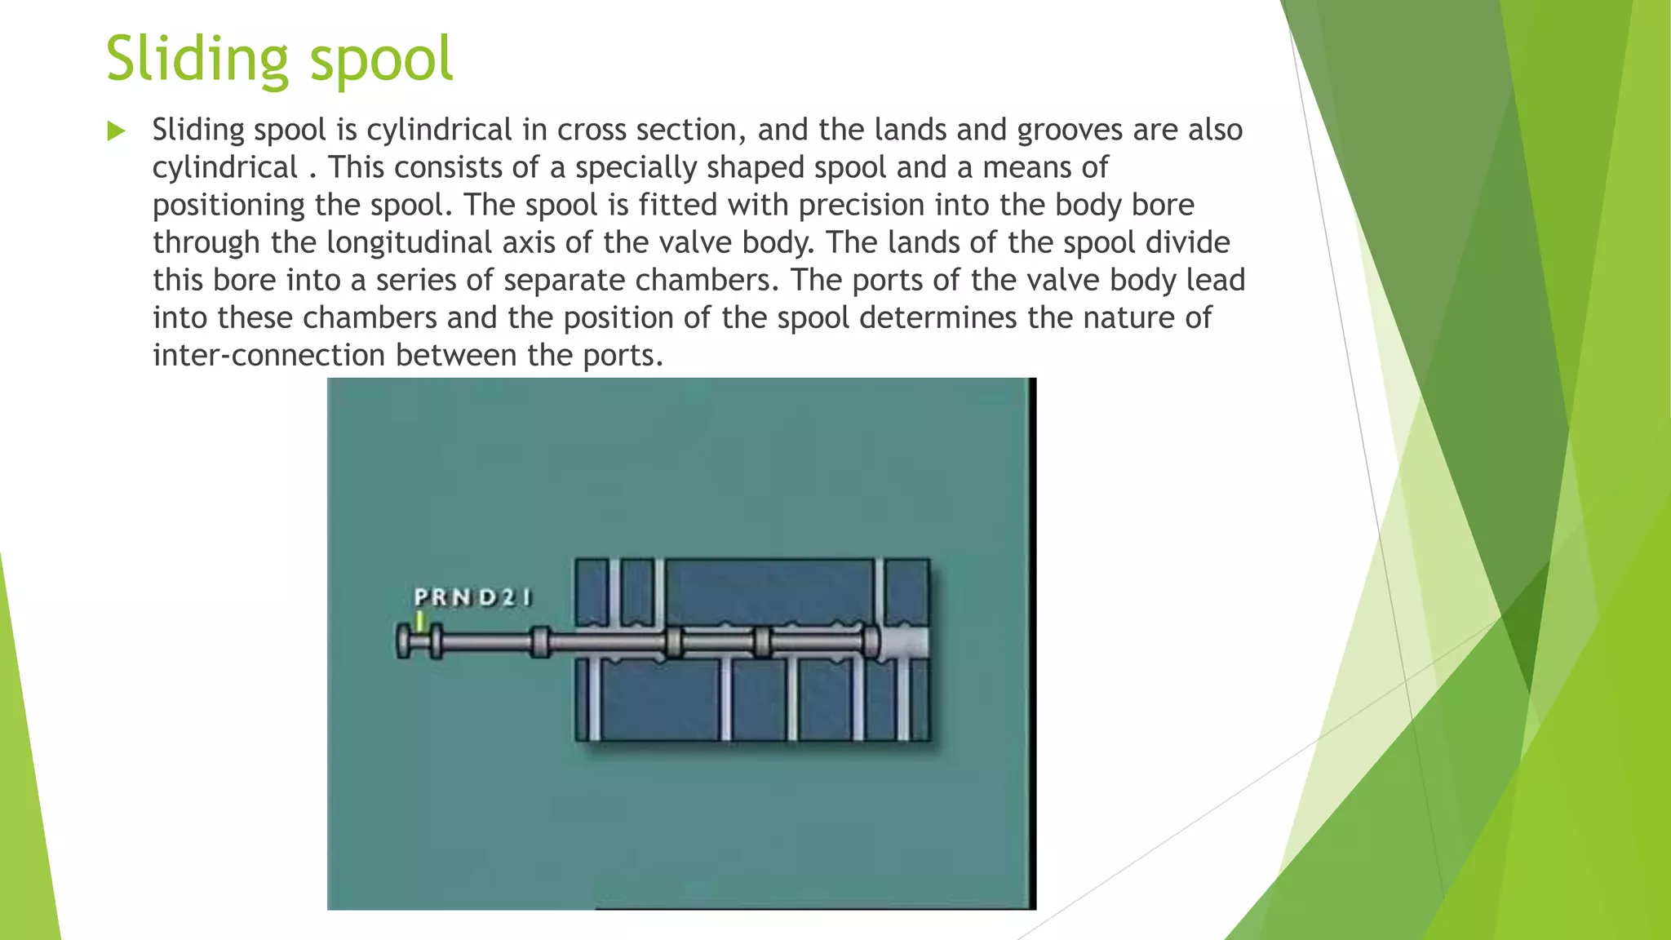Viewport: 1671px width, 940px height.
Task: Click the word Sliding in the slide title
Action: pyautogui.click(x=197, y=60)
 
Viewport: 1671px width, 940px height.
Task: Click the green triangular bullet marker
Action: pyautogui.click(x=116, y=131)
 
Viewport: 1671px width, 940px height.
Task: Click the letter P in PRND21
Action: pyautogui.click(x=421, y=597)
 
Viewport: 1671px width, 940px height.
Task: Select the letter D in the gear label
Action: pyautogui.click(x=487, y=597)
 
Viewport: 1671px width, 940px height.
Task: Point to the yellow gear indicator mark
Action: pyautogui.click(x=420, y=622)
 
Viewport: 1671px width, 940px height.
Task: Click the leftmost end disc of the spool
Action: pyautogui.click(x=403, y=641)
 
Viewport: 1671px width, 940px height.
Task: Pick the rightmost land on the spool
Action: pyautogui.click(x=871, y=641)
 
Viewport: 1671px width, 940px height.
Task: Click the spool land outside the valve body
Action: pyautogui.click(x=539, y=641)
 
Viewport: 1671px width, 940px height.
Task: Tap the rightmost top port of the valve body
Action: pyautogui.click(x=880, y=592)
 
